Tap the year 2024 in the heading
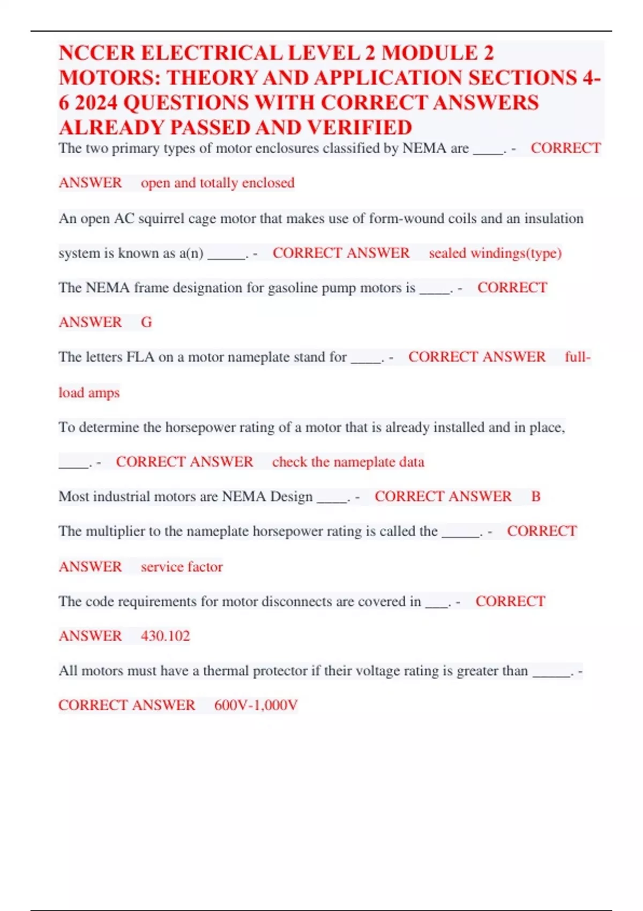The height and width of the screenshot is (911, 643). point(94,102)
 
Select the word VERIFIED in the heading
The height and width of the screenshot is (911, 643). point(360,128)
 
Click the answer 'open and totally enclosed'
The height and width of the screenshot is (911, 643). point(218,183)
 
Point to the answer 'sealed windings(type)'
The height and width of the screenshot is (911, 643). point(495,253)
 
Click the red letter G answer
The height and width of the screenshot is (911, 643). point(146,322)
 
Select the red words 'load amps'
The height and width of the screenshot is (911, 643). point(89,393)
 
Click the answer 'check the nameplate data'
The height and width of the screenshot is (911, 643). point(348,462)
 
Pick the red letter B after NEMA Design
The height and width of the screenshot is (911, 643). point(536,496)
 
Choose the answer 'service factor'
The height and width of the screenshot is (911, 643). point(182,566)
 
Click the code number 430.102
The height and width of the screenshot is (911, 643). point(165,636)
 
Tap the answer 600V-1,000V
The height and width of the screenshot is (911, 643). point(256,705)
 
